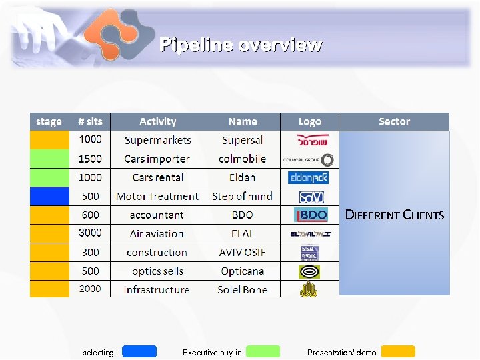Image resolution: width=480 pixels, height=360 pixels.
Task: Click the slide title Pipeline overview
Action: point(241,45)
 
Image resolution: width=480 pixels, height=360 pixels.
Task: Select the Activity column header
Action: point(158,121)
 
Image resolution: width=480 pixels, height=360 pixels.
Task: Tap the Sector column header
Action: point(394,121)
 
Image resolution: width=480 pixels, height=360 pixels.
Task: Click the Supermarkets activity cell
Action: point(158,140)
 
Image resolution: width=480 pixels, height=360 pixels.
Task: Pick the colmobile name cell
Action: point(242,159)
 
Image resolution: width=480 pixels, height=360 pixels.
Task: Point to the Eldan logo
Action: point(309,178)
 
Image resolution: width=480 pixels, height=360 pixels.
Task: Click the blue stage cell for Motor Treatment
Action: point(49,196)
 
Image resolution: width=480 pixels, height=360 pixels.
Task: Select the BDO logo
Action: point(311,215)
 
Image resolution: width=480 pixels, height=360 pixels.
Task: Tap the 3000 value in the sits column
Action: point(90,233)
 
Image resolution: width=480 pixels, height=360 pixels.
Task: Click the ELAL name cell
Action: point(242,233)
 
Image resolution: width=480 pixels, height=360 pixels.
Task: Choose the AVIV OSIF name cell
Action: point(242,252)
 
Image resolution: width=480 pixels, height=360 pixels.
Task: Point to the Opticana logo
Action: point(309,271)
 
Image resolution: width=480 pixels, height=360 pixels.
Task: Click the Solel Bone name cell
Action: point(242,289)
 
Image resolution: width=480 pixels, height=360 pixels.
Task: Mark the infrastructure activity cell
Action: point(157,289)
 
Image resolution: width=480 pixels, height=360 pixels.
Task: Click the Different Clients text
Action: point(394,215)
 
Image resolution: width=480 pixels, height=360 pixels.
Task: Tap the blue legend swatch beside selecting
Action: point(139,351)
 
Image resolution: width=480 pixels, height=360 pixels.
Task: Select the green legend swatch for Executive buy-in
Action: point(263,351)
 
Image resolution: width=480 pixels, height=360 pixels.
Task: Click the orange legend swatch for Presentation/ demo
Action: point(398,351)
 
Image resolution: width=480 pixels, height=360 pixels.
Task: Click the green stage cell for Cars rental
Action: point(49,177)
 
